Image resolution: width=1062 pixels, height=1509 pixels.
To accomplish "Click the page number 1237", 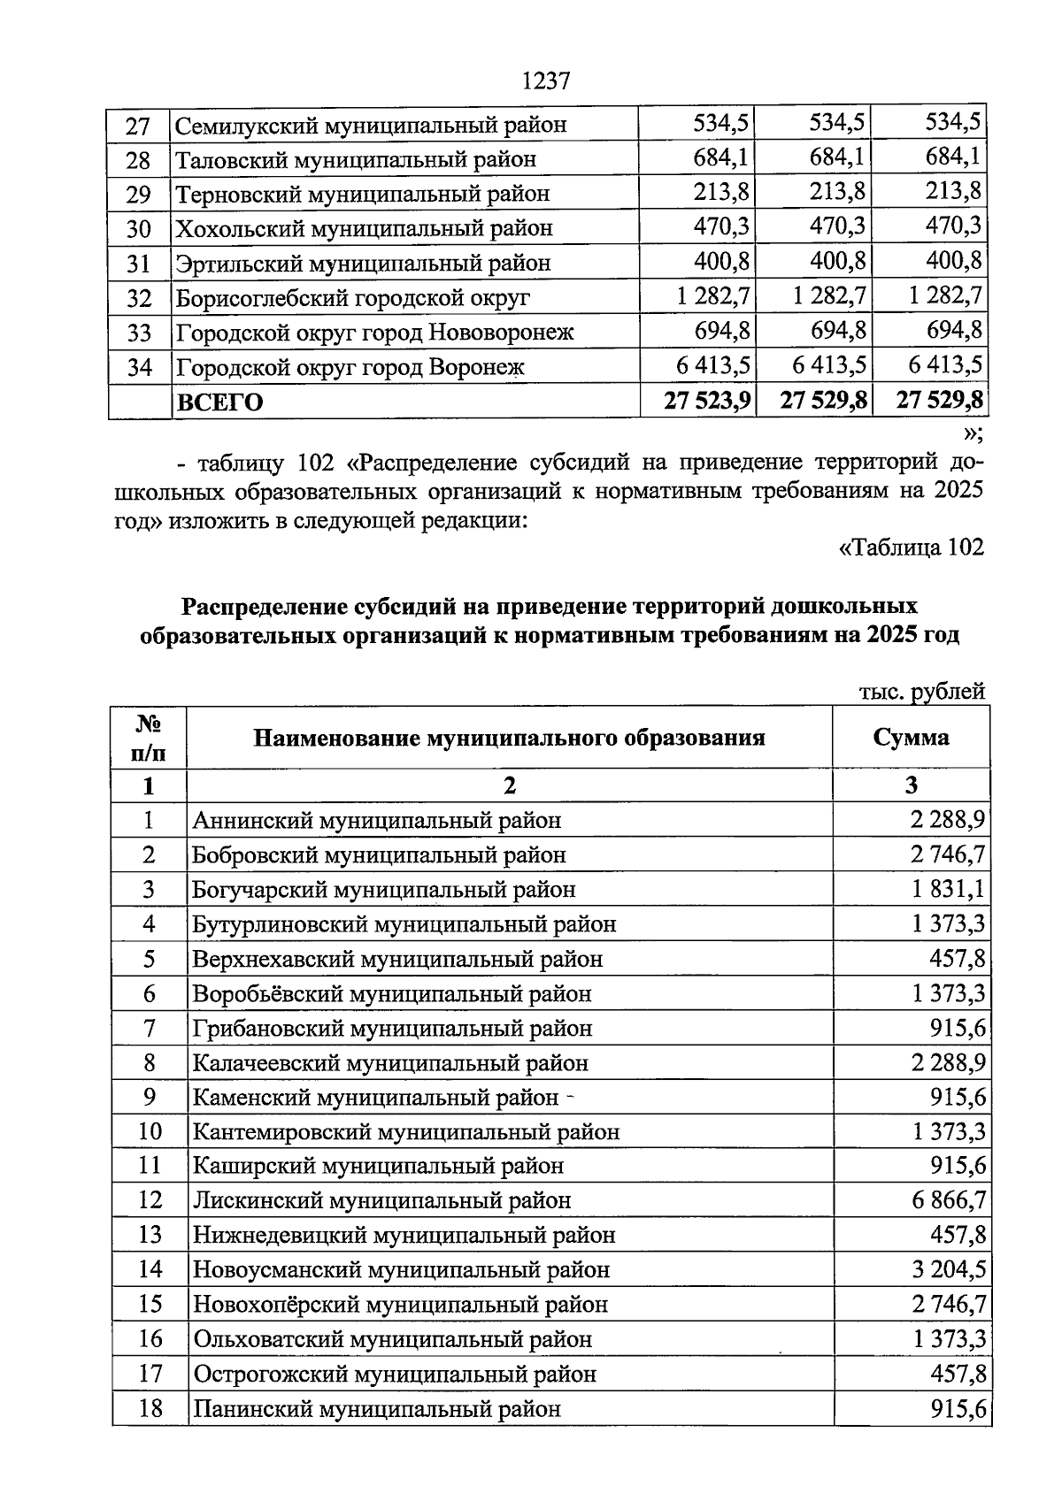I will click(545, 81).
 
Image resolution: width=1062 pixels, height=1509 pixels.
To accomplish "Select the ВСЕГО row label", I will click(220, 402).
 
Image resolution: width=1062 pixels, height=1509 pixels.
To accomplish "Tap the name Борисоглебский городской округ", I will click(353, 298).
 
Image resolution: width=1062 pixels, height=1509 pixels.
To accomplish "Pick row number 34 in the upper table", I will click(139, 367).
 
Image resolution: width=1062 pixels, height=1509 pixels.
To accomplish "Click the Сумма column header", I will click(911, 738).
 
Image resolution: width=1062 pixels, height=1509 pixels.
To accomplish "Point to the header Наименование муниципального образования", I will click(509, 738).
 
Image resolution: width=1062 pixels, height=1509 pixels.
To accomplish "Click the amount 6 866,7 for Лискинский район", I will click(948, 1200).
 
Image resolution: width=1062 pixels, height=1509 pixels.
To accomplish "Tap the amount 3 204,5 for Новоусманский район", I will click(948, 1270).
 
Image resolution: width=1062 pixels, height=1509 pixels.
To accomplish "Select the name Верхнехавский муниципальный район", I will click(397, 959).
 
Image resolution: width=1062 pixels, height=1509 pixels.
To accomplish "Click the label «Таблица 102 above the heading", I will click(911, 548).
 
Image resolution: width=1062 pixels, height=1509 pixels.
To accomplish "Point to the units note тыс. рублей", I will click(922, 691).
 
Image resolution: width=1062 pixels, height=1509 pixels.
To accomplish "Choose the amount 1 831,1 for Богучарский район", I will click(948, 889).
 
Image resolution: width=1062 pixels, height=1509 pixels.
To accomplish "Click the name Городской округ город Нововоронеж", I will click(374, 333).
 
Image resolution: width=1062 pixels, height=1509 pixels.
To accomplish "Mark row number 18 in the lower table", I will click(150, 1408).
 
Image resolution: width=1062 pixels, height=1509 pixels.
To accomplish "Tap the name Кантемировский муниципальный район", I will click(406, 1131).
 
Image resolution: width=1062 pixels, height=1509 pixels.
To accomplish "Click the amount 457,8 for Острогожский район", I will click(958, 1374).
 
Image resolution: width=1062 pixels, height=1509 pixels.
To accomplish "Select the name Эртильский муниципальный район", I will click(363, 264).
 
